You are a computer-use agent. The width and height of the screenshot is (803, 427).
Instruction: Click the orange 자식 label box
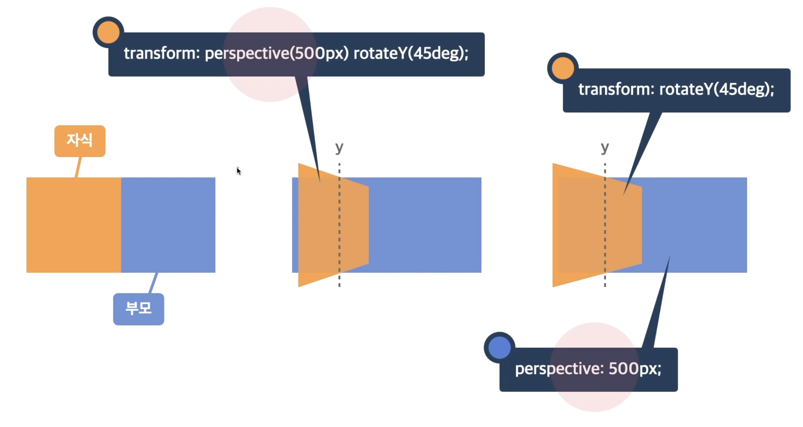[80, 141]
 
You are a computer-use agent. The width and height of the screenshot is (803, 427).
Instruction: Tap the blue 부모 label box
[138, 309]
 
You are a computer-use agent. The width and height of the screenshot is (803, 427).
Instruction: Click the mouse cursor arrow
[239, 171]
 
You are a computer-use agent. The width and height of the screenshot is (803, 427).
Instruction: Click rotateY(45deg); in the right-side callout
[716, 89]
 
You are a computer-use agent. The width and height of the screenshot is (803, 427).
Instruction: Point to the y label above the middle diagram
[339, 148]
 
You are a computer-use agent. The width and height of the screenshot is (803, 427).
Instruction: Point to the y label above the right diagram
[605, 148]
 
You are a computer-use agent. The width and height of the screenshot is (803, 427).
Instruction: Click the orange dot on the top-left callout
[108, 32]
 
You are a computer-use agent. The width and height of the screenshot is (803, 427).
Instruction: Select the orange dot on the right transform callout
[563, 68]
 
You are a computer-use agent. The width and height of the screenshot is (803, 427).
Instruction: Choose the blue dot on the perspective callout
[499, 347]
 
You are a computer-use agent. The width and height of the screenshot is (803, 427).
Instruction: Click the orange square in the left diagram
[74, 225]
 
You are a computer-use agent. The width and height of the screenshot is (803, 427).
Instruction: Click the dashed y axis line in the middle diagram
[339, 240]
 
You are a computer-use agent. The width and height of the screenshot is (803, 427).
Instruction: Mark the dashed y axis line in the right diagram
[605, 240]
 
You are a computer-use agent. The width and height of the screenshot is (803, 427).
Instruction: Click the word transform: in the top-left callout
[162, 53]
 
